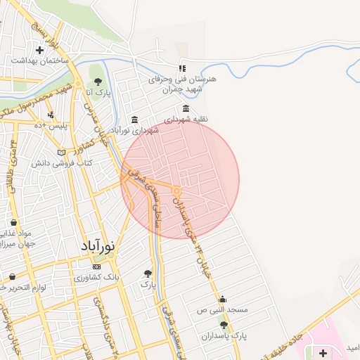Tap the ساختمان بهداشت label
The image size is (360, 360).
39,61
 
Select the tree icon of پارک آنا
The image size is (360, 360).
98,82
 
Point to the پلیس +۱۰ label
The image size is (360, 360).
51,125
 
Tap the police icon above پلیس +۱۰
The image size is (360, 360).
50,115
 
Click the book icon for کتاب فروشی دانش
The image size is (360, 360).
61,153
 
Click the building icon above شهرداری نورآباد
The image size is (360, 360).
134,120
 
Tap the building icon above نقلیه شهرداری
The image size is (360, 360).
186,109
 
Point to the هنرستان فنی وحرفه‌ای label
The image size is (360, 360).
182,79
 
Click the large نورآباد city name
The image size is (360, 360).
96,247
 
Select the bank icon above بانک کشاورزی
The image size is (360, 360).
96,266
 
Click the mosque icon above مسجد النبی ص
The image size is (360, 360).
223,298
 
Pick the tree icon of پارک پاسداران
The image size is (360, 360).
224,325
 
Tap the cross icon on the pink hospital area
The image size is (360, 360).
323,352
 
